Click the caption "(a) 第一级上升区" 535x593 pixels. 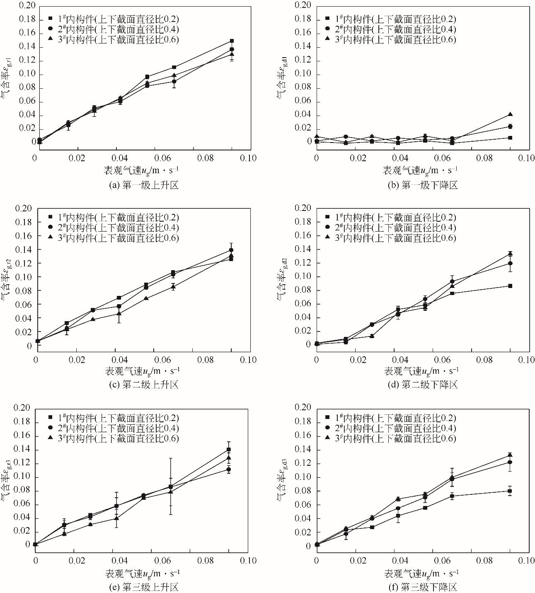[143, 185]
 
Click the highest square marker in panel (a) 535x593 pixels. [232, 41]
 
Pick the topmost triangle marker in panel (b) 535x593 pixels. [510, 115]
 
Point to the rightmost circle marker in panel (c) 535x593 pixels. [231, 250]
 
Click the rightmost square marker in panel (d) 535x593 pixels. [510, 286]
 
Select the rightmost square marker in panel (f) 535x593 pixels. [510, 491]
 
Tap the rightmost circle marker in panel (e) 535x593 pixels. [228, 470]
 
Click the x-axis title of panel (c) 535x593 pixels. [143, 370]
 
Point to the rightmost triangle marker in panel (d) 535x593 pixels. [510, 254]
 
